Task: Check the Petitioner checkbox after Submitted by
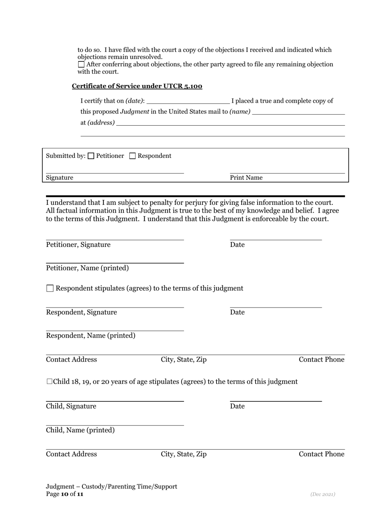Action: [91, 156]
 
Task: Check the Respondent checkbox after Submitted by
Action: [133, 156]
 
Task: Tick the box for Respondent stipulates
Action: [50, 289]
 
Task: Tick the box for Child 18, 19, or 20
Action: [49, 382]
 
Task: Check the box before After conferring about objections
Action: [81, 64]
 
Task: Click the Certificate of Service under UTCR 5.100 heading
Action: [137, 86]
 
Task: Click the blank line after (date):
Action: [188, 101]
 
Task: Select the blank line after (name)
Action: [298, 112]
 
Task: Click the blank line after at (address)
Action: [230, 123]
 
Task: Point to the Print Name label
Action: [246, 178]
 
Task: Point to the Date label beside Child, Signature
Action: [237, 406]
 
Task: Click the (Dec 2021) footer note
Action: [323, 494]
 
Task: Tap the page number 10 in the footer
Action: [65, 494]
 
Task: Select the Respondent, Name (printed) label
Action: [91, 336]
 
